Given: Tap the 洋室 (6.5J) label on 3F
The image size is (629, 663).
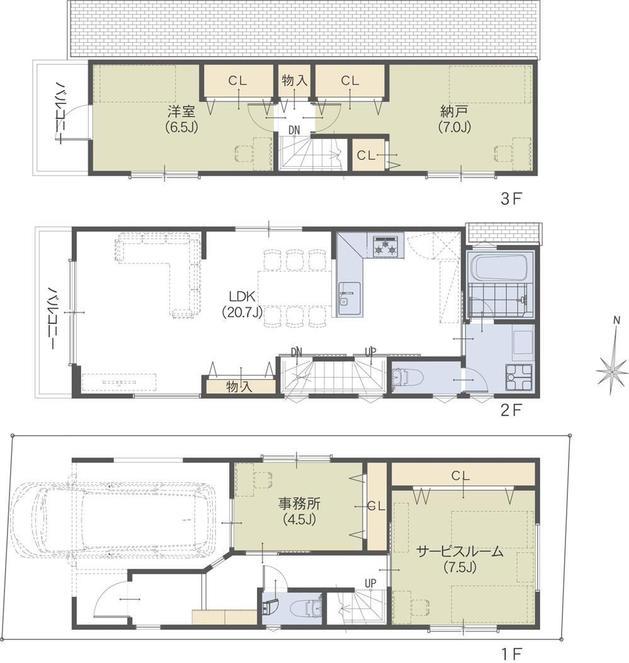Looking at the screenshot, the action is click(181, 119).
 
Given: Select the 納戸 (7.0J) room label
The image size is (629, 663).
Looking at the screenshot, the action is click(455, 119).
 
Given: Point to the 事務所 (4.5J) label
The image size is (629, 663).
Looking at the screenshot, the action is click(299, 511).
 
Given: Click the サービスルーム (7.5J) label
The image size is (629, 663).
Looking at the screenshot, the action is click(460, 558).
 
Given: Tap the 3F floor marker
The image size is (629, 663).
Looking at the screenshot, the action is click(511, 199).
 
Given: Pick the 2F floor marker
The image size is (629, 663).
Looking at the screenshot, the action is click(511, 409).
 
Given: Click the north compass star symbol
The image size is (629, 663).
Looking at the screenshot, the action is click(612, 371).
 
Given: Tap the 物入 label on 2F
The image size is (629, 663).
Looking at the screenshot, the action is click(239, 387).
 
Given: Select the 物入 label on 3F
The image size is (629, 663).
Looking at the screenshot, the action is click(294, 81).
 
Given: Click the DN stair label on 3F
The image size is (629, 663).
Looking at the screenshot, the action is click(294, 130).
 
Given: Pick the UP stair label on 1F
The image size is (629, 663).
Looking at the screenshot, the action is click(370, 584).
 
